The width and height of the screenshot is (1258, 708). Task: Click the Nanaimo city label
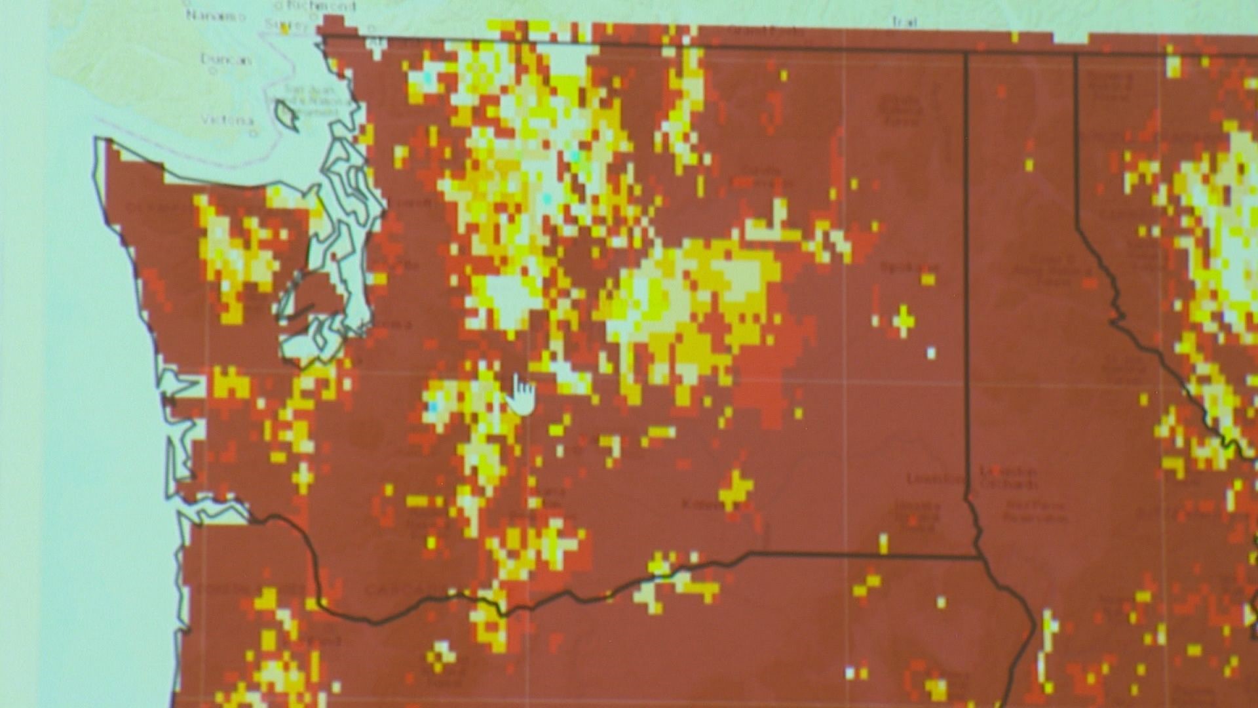pos(210,14)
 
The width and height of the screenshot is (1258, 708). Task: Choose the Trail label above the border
pos(904,22)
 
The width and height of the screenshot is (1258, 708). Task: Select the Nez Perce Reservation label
pos(1035,511)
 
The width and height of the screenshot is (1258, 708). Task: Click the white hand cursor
pos(522,394)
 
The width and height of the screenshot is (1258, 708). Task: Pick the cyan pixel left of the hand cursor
pos(432,407)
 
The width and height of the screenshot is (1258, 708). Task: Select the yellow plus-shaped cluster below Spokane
pos(904,321)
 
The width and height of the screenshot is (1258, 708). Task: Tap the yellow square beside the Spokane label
pos(928,279)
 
